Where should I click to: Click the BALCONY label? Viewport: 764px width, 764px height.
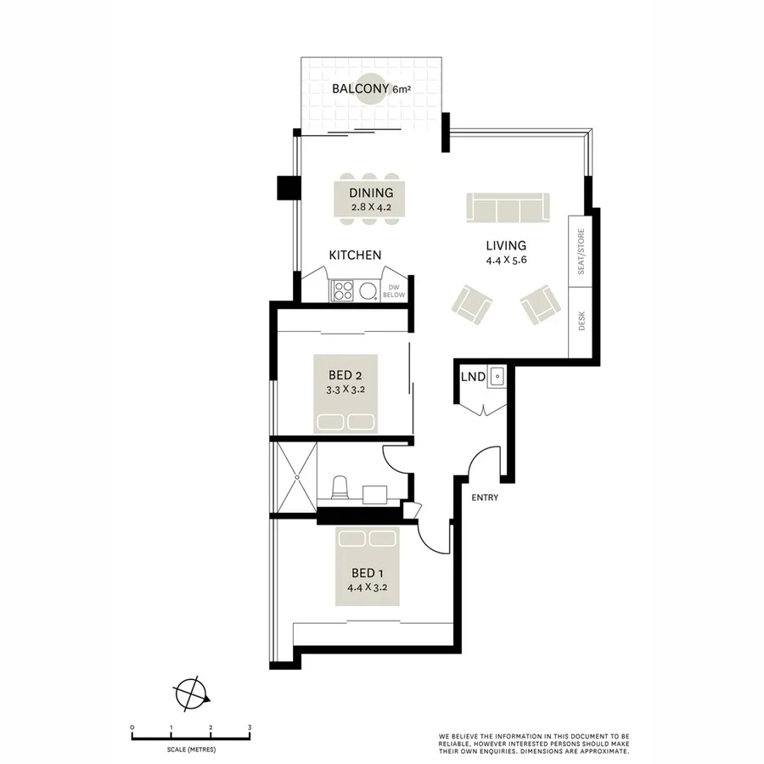tap(360, 89)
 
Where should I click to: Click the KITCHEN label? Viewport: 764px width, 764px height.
tap(355, 255)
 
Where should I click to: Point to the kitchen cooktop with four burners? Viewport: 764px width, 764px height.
tap(342, 291)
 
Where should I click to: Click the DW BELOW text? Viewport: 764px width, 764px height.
tap(395, 291)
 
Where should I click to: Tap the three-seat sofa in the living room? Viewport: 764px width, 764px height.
tap(508, 208)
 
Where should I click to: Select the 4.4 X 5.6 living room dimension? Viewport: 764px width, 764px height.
tap(507, 261)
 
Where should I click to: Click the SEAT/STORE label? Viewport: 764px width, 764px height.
tap(581, 252)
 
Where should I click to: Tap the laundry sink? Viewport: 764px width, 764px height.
tap(497, 376)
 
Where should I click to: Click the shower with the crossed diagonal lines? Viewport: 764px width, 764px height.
tap(294, 477)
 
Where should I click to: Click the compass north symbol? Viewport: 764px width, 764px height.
tap(191, 694)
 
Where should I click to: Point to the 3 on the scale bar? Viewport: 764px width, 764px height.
tap(250, 727)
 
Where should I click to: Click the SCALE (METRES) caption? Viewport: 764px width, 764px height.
tap(191, 750)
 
